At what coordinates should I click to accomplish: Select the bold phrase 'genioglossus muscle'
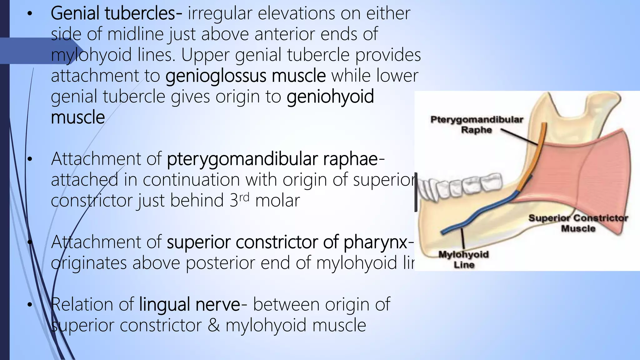(x=245, y=76)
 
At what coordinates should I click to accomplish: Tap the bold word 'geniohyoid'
(x=330, y=97)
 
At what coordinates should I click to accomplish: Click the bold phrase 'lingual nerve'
(x=189, y=305)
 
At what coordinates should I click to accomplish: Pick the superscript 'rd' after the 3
(x=244, y=197)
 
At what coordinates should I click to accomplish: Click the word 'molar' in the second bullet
(x=277, y=201)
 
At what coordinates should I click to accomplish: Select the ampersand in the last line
(x=213, y=325)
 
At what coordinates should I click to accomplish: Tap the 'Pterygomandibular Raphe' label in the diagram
(x=477, y=124)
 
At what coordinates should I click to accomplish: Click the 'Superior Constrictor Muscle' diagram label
(x=578, y=223)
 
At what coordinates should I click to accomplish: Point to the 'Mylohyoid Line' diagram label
(x=464, y=259)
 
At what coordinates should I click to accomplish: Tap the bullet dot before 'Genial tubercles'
(x=30, y=14)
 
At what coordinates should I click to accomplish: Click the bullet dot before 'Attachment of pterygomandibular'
(x=30, y=159)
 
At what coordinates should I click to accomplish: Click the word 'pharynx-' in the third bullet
(x=379, y=242)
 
